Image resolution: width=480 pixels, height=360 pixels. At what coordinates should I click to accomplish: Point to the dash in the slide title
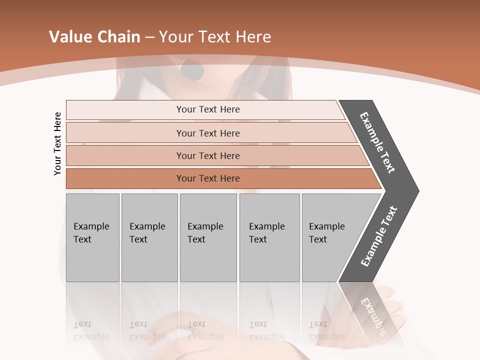click(x=149, y=37)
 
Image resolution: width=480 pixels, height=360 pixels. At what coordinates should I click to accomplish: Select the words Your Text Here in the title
click(x=215, y=37)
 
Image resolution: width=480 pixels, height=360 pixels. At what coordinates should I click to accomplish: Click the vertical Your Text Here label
click(x=57, y=143)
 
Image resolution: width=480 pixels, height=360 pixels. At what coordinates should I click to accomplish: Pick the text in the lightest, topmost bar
click(x=208, y=109)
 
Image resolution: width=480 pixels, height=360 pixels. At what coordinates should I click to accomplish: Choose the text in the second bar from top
click(x=208, y=133)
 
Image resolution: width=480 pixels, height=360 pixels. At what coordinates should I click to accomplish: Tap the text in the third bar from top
click(x=208, y=155)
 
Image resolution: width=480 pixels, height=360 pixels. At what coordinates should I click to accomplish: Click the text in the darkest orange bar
click(x=208, y=178)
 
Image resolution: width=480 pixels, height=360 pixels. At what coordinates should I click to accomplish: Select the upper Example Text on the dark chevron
click(x=377, y=142)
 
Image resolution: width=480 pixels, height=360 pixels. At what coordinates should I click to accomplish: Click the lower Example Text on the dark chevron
click(x=378, y=236)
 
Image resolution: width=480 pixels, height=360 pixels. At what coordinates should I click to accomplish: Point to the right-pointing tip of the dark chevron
click(x=417, y=190)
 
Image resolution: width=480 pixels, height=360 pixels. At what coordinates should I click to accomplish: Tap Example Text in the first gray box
click(x=91, y=233)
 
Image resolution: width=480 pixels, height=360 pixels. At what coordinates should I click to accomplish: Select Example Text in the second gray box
click(x=147, y=233)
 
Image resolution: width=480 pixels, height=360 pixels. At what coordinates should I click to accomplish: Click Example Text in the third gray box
click(x=205, y=233)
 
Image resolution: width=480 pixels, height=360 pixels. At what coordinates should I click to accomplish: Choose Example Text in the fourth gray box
click(x=266, y=233)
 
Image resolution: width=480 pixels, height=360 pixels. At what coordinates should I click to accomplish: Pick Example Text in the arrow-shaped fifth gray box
click(x=326, y=233)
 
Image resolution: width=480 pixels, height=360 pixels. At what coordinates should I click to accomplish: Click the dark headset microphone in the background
click(x=192, y=70)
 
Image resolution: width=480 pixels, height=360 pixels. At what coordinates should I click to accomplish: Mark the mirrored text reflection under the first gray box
click(x=91, y=330)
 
